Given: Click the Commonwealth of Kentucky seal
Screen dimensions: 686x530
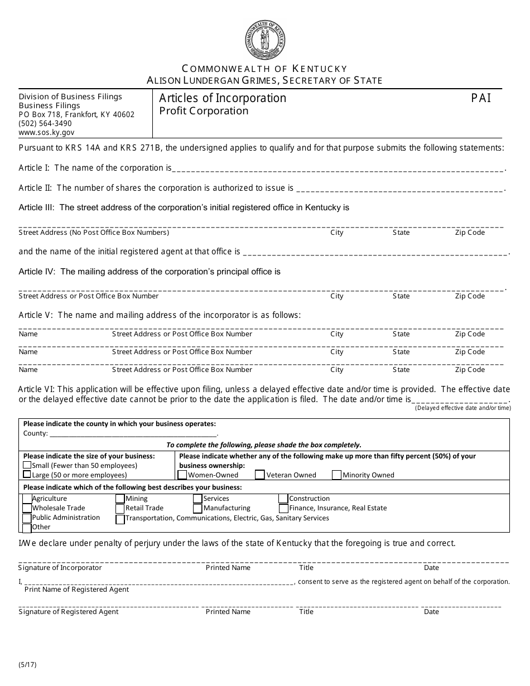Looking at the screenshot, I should tap(265, 40).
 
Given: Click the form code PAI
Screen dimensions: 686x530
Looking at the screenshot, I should tap(481, 98).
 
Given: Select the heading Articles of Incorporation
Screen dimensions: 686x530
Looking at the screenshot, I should tap(223, 98).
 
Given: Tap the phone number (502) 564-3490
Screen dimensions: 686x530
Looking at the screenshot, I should tap(45, 123).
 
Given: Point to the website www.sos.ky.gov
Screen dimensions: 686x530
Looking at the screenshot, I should tap(46, 133).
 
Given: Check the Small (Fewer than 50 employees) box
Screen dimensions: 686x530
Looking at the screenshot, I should tap(27, 465).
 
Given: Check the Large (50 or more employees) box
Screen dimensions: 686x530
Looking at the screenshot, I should tap(27, 475).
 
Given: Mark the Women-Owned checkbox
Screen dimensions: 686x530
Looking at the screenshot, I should tap(182, 475).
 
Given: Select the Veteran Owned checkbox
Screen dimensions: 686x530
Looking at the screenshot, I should tap(260, 475).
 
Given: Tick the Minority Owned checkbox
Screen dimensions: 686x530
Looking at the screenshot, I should tap(336, 475).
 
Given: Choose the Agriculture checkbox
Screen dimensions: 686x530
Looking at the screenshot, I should tap(27, 499).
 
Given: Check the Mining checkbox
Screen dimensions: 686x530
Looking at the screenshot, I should tap(120, 499).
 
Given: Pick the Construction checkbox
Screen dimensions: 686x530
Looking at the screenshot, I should tap(283, 499).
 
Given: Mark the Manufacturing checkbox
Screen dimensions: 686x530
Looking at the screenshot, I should tap(197, 509).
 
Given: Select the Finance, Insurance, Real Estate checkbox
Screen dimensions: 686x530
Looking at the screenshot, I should tap(283, 509).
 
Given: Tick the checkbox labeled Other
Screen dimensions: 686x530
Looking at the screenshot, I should tap(27, 528).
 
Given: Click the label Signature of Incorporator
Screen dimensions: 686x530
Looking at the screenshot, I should tap(60, 568).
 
